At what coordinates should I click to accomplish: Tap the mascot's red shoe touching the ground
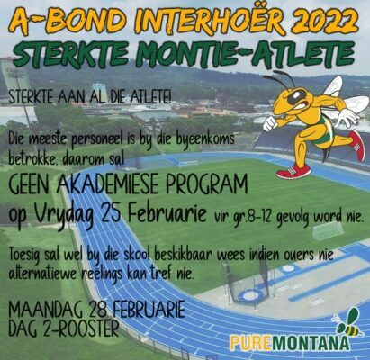[x=293, y=171]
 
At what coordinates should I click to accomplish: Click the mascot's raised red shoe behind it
[x=356, y=146]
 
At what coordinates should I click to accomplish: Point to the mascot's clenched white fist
[x=270, y=124]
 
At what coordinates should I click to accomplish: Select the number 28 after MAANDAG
[x=100, y=310]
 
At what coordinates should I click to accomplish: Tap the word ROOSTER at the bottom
[x=88, y=329]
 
